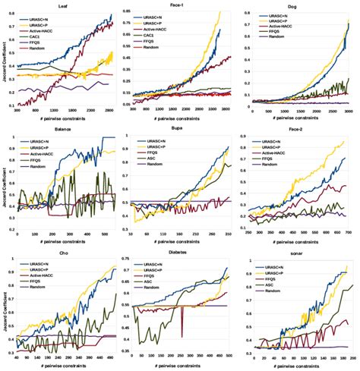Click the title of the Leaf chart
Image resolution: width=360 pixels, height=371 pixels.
click(66, 5)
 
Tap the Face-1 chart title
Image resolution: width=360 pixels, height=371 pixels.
click(182, 5)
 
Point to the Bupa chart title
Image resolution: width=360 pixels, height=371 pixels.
click(180, 130)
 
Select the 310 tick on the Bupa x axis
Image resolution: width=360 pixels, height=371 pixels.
click(226, 236)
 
